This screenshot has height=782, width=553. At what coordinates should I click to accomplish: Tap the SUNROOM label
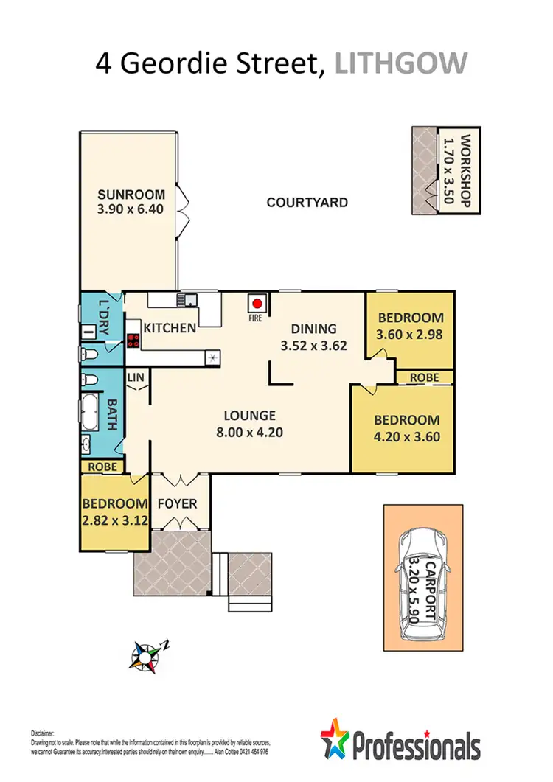click(130, 195)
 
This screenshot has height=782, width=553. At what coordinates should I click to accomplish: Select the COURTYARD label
click(307, 202)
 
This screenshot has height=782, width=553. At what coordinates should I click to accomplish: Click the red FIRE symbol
click(257, 303)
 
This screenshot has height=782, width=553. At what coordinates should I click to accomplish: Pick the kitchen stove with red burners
click(134, 341)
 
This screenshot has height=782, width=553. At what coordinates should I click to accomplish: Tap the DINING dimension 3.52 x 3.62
click(313, 344)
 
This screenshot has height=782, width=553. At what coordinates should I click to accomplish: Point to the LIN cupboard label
click(136, 377)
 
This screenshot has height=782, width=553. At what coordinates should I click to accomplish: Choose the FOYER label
click(177, 504)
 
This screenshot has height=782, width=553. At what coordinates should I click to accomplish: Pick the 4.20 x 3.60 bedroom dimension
click(407, 436)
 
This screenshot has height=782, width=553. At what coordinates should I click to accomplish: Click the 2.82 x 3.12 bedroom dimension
click(114, 519)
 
